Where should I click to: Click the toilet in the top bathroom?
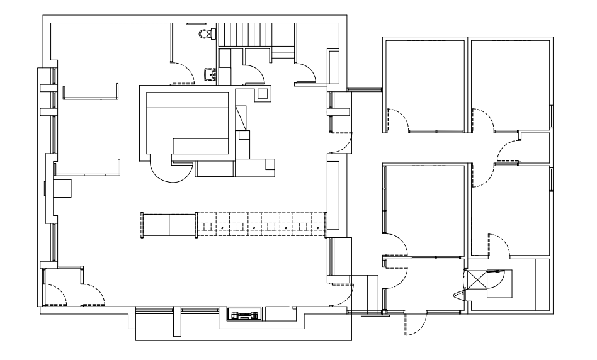coord(203,33)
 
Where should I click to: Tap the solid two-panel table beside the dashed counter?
coord(169,225)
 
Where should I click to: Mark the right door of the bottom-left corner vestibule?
coord(95,293)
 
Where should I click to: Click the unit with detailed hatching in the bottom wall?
coord(242,315)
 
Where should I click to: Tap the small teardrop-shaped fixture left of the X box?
coord(458,294)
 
